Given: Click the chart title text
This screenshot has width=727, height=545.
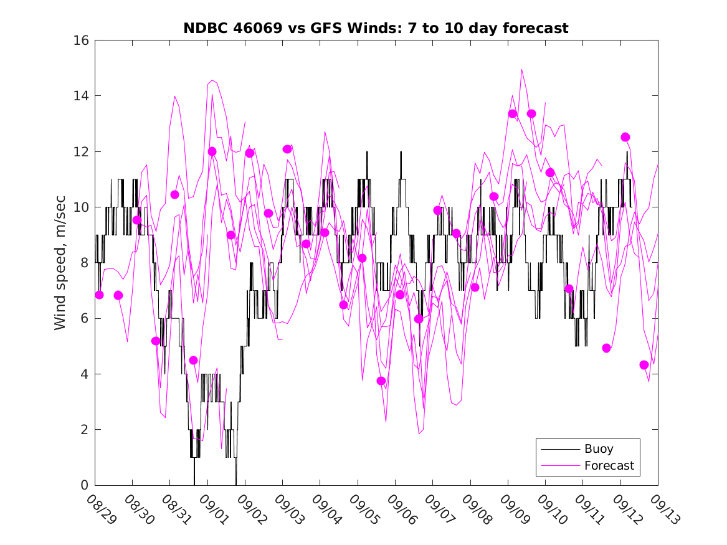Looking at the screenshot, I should (x=376, y=28).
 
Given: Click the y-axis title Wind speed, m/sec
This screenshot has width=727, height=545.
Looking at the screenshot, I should (x=60, y=262).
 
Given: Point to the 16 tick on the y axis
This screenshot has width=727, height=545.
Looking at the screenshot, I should (x=83, y=40).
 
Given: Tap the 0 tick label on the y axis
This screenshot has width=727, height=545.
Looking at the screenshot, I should (x=87, y=485).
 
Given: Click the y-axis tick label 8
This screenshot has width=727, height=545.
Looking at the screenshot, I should (x=87, y=263).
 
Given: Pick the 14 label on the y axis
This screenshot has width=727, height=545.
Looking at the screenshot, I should (x=83, y=96).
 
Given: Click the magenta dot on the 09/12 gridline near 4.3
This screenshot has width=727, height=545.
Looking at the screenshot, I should (x=644, y=365).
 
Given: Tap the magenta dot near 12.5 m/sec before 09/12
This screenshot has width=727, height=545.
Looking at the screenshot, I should (x=625, y=137).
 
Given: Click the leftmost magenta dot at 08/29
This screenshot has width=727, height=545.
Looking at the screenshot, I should (x=99, y=295).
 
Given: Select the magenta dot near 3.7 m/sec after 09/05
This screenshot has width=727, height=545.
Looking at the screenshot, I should (x=381, y=381).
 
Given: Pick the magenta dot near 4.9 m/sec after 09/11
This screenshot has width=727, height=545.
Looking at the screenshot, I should (x=607, y=348).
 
